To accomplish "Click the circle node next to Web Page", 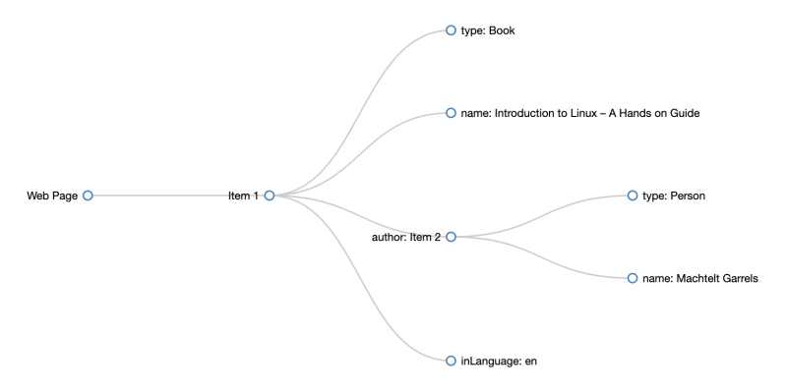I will point(88,195).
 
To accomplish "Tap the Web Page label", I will point(52,195).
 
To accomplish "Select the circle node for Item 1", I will point(270,195).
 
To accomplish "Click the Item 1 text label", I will point(243,195).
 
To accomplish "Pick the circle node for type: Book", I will point(452,30).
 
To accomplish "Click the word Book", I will point(502,30).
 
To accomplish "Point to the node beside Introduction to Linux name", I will point(452,113).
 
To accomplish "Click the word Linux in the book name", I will point(585,113).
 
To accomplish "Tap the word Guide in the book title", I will point(683,113).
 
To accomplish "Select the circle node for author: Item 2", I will point(452,237).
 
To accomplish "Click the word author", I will point(389,237).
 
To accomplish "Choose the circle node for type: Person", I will point(633,195).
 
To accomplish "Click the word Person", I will point(688,195).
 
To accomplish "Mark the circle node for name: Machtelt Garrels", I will point(633,278).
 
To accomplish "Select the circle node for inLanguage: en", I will point(452,361).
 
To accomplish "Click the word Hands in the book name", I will point(636,113).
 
